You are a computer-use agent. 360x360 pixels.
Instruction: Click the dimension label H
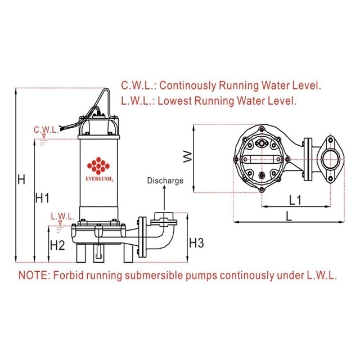(x=21, y=180)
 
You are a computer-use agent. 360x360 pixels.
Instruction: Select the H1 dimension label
(x=42, y=199)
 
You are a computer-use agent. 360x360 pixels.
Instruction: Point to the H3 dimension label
(x=198, y=243)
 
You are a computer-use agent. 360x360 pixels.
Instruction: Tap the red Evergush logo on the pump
(x=97, y=164)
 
